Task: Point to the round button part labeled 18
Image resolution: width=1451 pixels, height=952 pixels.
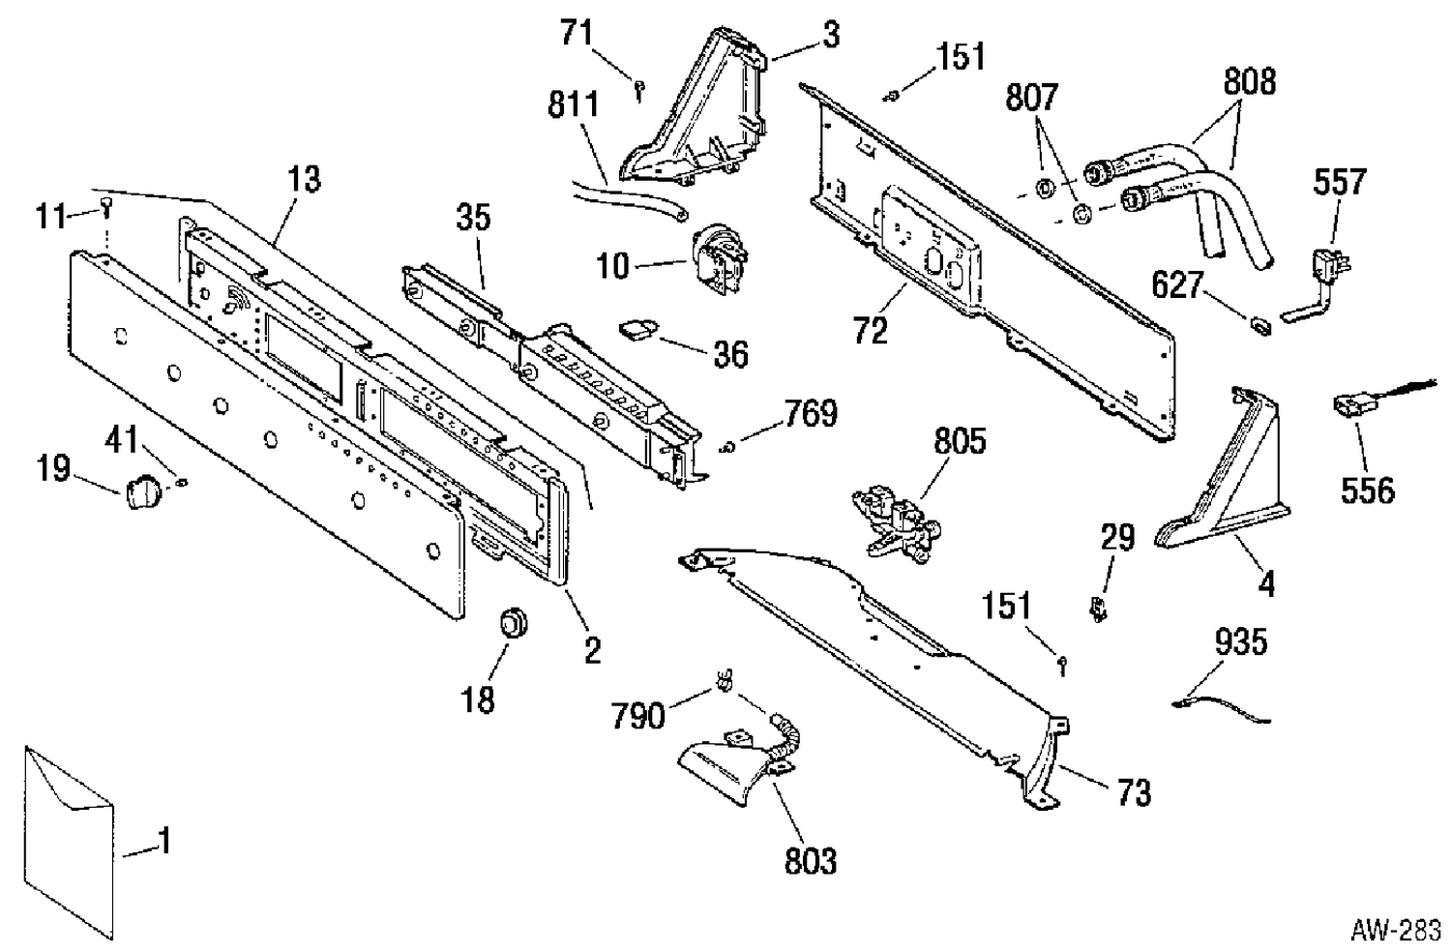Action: click(514, 623)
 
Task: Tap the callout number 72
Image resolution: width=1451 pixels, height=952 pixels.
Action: click(870, 331)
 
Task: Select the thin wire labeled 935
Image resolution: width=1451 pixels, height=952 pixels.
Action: click(1221, 709)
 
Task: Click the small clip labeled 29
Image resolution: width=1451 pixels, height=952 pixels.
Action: click(1097, 610)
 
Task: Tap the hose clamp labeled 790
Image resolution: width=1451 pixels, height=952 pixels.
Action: click(725, 680)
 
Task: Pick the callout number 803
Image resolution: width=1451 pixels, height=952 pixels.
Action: click(811, 862)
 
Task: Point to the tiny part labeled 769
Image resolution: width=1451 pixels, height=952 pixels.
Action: click(727, 446)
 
